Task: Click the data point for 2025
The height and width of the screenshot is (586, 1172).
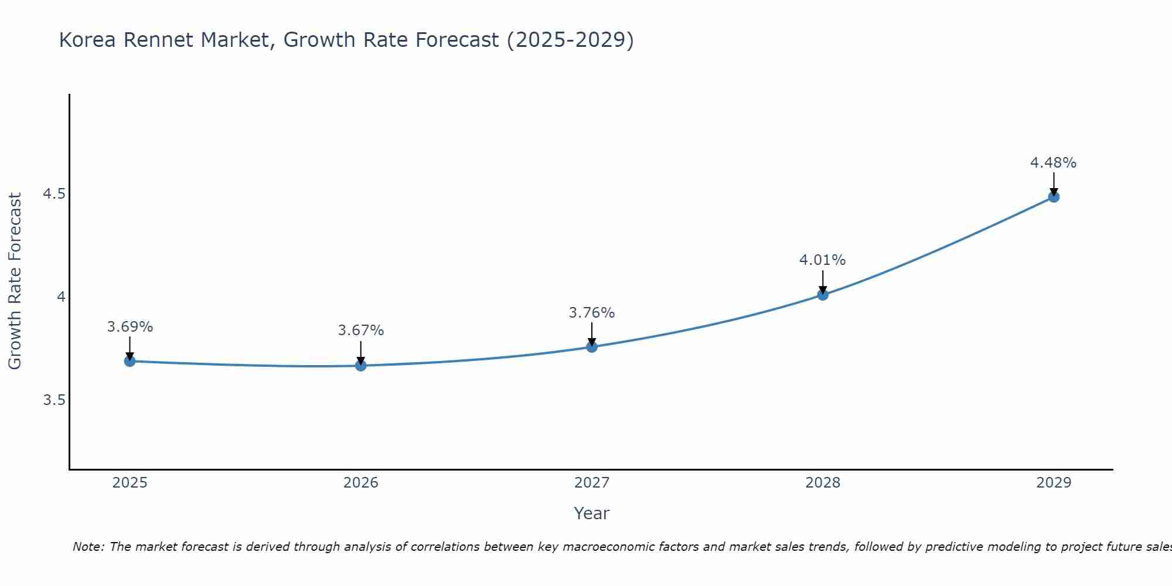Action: (130, 361)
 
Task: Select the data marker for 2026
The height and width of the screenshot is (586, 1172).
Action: (361, 366)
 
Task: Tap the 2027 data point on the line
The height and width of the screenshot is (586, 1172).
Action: (592, 347)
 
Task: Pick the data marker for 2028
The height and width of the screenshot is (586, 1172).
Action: (823, 295)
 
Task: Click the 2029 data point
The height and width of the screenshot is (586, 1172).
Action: (1054, 197)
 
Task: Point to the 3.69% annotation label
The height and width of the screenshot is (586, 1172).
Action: (130, 327)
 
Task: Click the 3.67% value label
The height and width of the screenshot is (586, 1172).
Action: (361, 331)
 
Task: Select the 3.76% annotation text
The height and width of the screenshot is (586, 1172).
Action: (592, 313)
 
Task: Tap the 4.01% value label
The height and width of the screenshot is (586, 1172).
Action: (823, 260)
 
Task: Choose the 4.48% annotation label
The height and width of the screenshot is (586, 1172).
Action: (1054, 163)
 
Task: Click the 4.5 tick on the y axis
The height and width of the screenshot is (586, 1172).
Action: (54, 194)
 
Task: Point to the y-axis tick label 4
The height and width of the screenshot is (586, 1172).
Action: (61, 297)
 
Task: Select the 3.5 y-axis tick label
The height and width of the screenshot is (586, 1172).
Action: (54, 400)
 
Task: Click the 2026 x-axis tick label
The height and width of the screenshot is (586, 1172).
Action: (361, 483)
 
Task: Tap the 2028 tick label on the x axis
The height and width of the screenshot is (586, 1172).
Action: (823, 483)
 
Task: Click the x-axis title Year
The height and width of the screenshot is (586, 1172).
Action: (592, 513)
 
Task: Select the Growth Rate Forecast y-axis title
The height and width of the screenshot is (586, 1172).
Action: (15, 281)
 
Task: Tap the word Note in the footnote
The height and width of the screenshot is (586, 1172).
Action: (88, 547)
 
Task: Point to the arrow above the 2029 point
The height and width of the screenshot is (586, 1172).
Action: (1054, 183)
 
